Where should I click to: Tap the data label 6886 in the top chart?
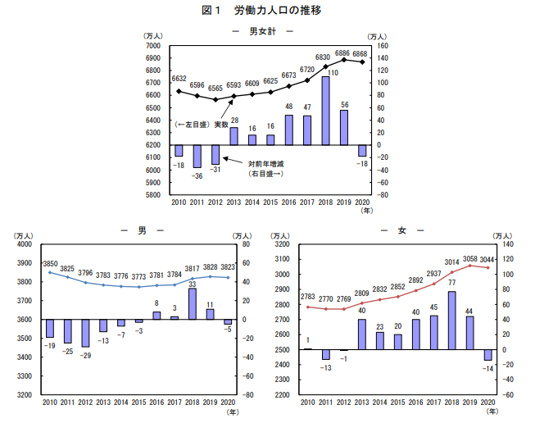coord(343,52)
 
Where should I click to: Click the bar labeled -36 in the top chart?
coord(197,156)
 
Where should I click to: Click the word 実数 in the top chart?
coord(222,124)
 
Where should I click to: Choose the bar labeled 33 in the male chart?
coord(192,303)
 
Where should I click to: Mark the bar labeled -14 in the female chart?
coord(488,354)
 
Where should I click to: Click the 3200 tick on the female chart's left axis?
coord(282,244)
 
